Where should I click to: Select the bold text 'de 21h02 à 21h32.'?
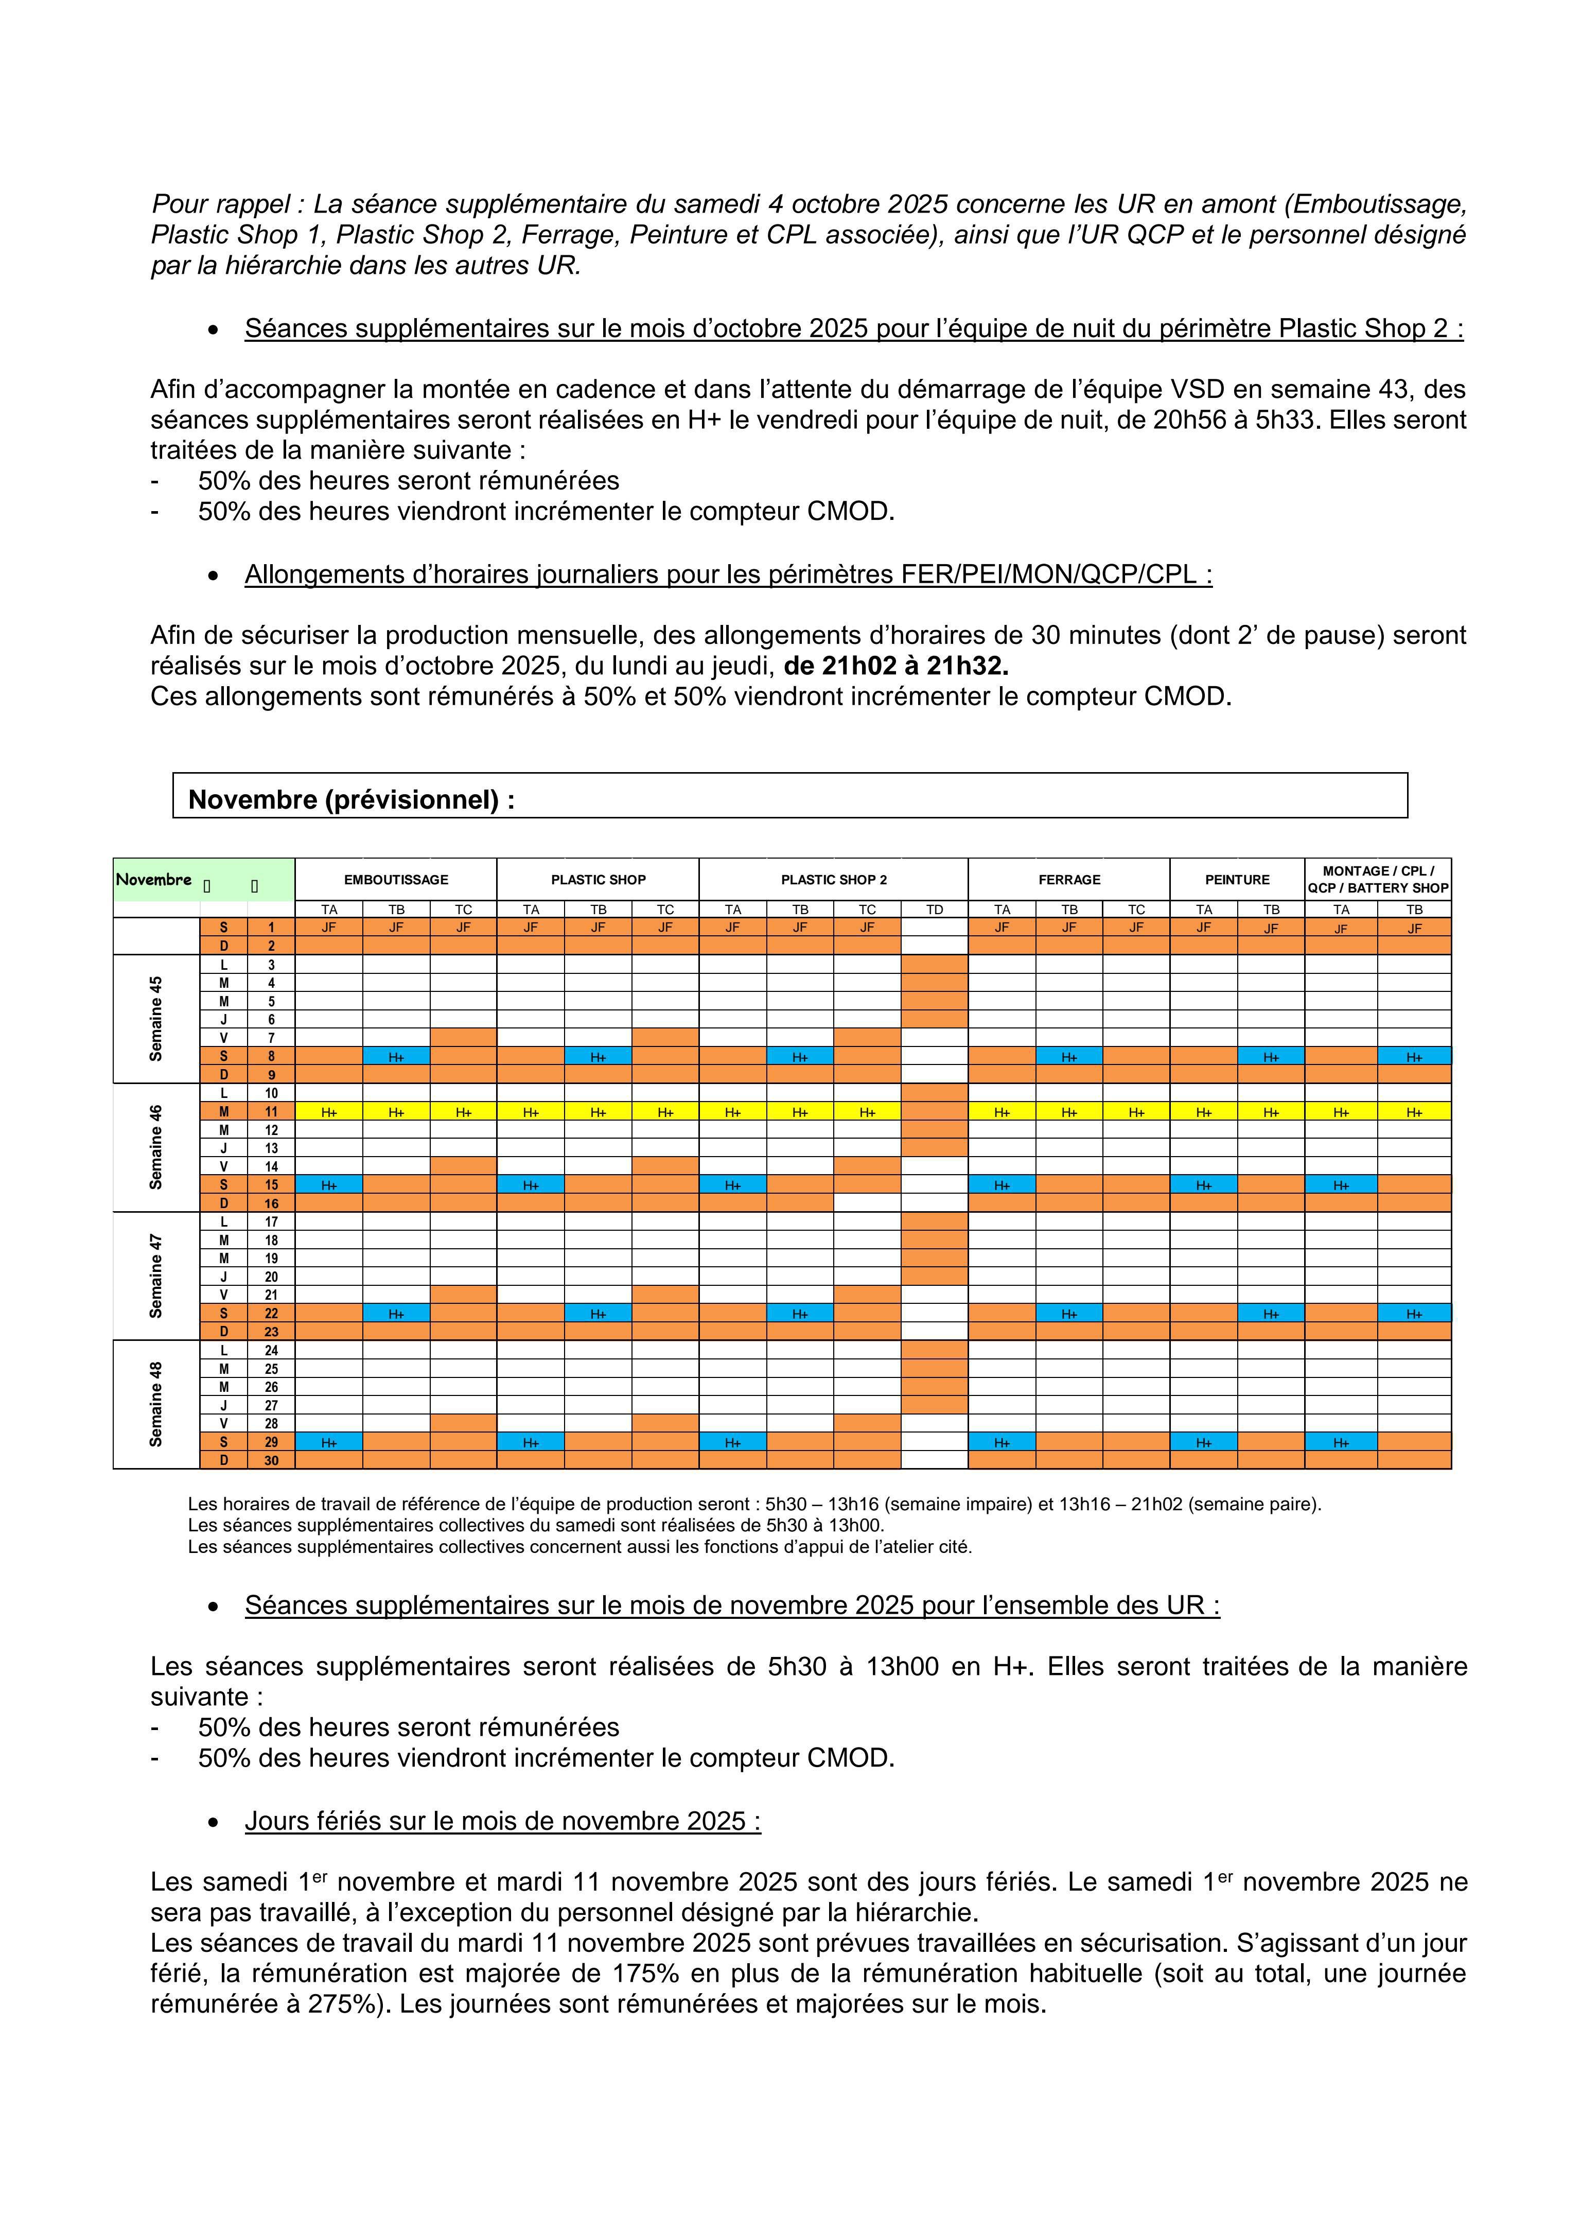click(895, 667)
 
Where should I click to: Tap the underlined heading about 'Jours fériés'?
click(502, 1821)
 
